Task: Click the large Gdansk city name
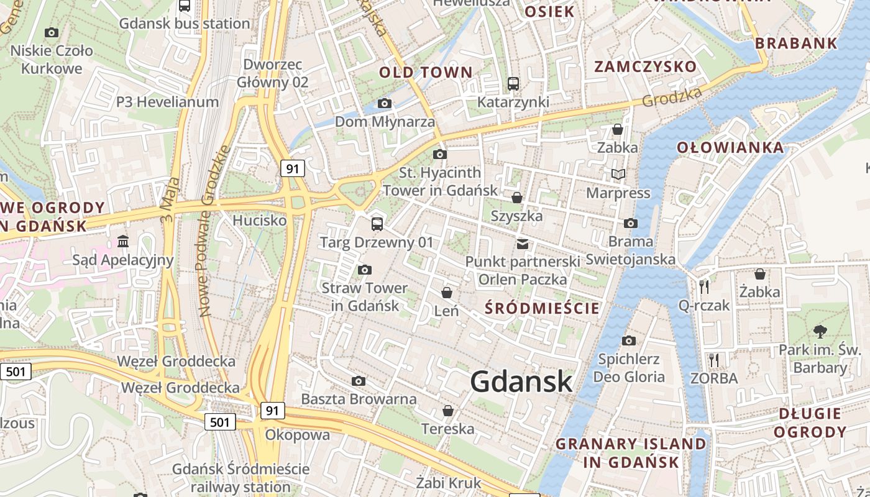(x=521, y=381)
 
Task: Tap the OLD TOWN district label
(x=426, y=72)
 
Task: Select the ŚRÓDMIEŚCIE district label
(x=543, y=308)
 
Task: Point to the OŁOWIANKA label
(x=730, y=147)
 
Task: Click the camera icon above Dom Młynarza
(x=385, y=103)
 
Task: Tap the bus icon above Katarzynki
(x=513, y=83)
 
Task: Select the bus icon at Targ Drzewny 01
(x=377, y=224)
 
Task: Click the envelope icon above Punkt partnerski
(x=523, y=244)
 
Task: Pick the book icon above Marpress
(x=618, y=175)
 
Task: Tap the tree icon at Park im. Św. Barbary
(x=820, y=331)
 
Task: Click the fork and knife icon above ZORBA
(x=714, y=360)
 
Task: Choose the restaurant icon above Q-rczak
(x=704, y=286)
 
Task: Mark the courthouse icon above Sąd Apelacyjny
(x=123, y=241)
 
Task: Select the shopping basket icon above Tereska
(x=447, y=411)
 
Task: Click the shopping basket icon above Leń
(x=447, y=292)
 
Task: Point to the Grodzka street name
(x=672, y=96)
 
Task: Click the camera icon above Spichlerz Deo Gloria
(x=629, y=340)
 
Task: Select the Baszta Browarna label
(x=359, y=399)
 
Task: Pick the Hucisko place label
(x=259, y=221)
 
